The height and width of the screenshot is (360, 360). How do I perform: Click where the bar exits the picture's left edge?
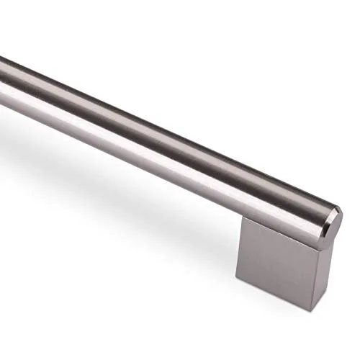point(2,79)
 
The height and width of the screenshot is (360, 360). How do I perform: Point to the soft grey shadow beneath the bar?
point(108,187)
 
